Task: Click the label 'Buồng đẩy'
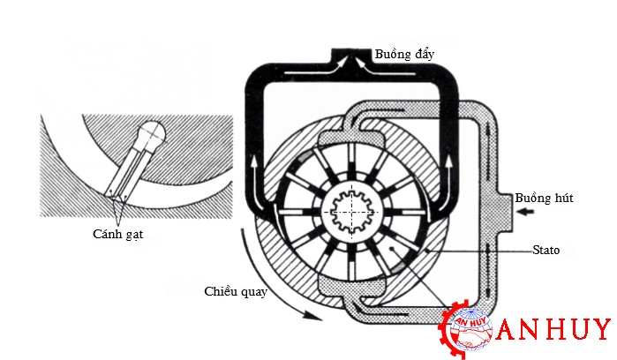pyautogui.click(x=404, y=54)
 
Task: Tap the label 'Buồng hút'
pyautogui.click(x=544, y=198)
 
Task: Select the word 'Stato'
pyautogui.click(x=546, y=250)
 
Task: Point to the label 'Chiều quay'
pyautogui.click(x=236, y=291)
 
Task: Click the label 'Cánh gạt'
pyautogui.click(x=117, y=234)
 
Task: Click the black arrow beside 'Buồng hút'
pyautogui.click(x=526, y=212)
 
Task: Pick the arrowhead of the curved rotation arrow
pyautogui.click(x=313, y=315)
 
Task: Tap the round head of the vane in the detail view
pyautogui.click(x=152, y=133)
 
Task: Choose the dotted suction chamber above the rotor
pyautogui.click(x=350, y=139)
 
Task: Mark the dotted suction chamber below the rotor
pyautogui.click(x=350, y=287)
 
